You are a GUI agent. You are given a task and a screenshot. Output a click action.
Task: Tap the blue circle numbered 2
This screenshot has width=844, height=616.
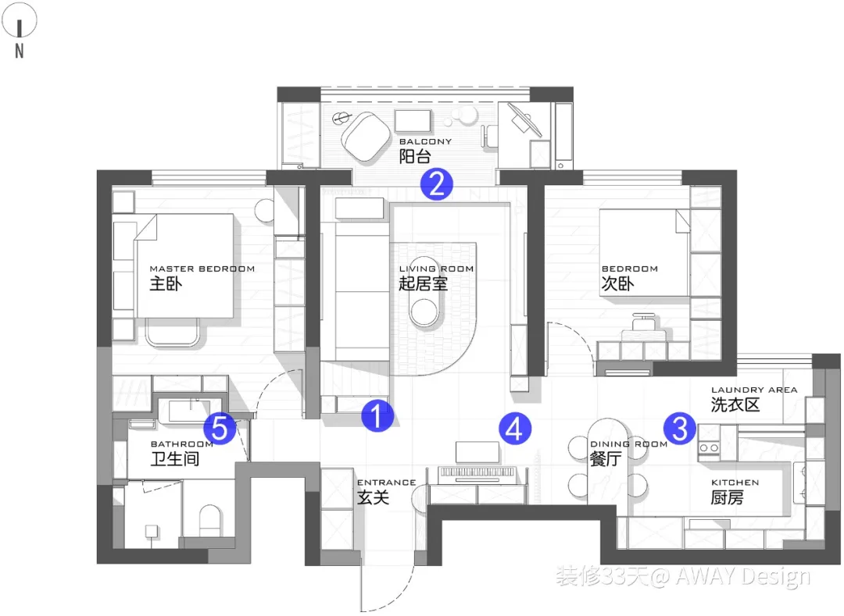tap(436, 183)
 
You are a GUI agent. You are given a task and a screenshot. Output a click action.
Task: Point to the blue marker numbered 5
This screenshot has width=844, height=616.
tap(220, 428)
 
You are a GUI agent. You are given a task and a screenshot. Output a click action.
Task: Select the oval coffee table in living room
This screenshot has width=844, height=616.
tap(427, 314)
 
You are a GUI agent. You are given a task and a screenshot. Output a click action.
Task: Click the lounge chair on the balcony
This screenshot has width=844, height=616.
tap(366, 136)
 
